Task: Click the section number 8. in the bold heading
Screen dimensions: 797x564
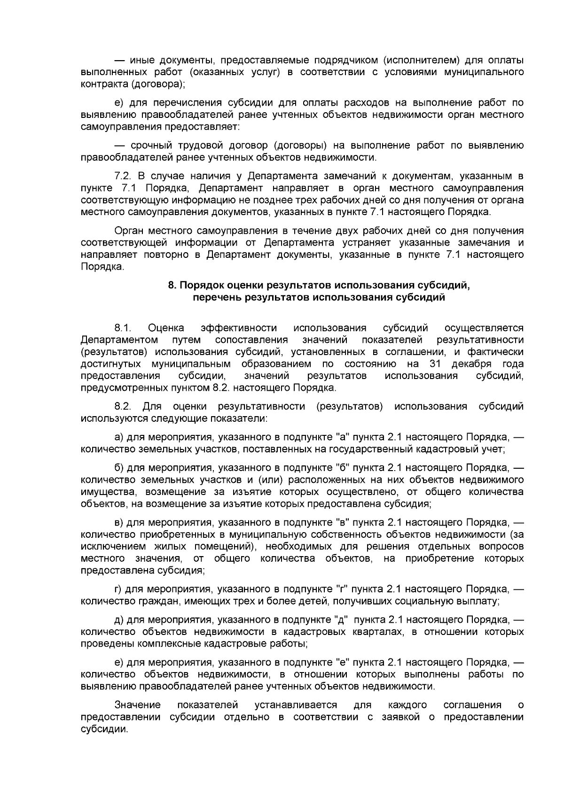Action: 172,286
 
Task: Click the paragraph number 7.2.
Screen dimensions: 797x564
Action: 124,176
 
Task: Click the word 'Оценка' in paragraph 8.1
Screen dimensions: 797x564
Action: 166,328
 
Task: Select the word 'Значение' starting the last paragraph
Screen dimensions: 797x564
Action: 138,705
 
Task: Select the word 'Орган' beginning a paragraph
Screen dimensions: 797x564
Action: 129,231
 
